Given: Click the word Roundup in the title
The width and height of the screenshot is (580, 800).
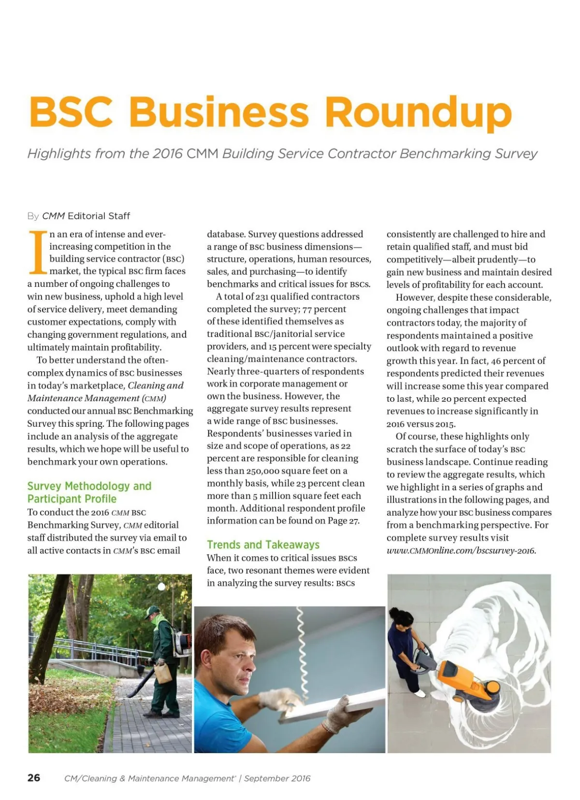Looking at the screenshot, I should pos(418,112).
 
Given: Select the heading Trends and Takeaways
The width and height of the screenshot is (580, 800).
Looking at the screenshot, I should pos(263,545).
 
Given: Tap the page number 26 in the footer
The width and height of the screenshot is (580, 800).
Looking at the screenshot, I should pos(34,778).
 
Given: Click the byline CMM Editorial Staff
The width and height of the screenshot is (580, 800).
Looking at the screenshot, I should pos(86,216).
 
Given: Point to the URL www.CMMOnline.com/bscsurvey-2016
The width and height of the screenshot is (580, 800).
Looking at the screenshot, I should pos(461,550).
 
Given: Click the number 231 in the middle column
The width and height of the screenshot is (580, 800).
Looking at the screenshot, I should pos(262,296).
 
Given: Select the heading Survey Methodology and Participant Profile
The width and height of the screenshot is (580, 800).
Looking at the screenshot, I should pos(89,492).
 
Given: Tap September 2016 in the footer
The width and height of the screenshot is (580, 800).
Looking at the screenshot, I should pos(277,778).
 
